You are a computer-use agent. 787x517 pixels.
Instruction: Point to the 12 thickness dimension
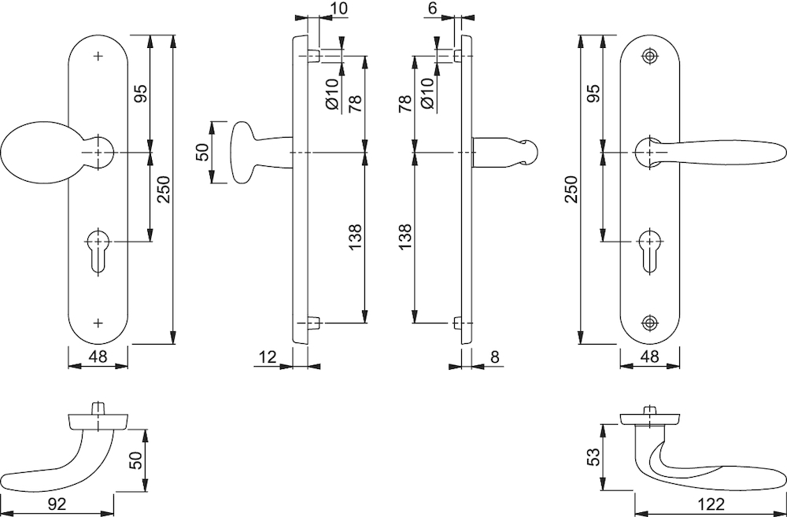[268, 357]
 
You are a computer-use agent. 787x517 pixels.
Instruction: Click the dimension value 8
[494, 357]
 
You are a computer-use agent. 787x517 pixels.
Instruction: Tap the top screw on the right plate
[649, 56]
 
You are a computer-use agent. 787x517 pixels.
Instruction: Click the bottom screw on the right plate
[649, 323]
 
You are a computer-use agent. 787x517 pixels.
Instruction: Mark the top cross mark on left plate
[98, 56]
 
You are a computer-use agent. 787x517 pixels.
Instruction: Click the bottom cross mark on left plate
[98, 323]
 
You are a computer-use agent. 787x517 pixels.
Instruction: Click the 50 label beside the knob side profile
[201, 152]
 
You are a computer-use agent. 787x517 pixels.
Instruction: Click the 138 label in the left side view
[355, 236]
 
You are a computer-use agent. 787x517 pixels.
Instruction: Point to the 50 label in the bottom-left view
[136, 460]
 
